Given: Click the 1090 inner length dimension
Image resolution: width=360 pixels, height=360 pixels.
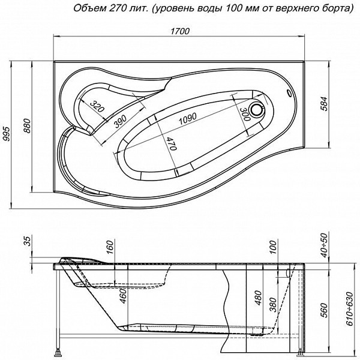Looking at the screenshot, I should (x=191, y=120).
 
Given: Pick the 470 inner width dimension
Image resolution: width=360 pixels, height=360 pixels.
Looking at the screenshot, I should (x=170, y=144).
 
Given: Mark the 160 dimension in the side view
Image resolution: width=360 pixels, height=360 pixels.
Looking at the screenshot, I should (x=110, y=247).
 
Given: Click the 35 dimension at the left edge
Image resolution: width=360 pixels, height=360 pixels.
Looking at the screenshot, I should (x=26, y=241).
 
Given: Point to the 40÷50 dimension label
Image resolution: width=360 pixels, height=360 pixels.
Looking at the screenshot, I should (x=325, y=244).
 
